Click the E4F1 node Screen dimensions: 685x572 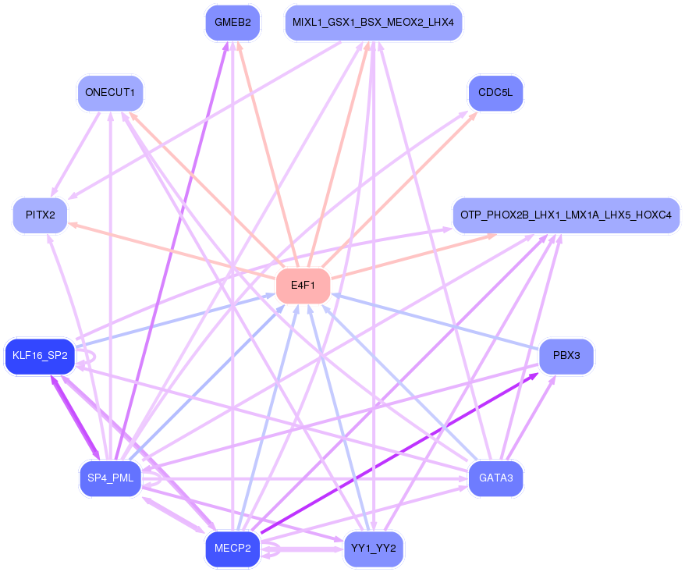coord(303,286)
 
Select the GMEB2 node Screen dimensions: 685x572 coord(232,23)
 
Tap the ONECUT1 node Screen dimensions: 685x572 coord(110,93)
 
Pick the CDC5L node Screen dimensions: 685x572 coord(495,93)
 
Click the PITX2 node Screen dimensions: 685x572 coord(41,215)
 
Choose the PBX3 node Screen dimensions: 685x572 coord(566,356)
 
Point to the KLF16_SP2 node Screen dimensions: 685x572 coord(41,356)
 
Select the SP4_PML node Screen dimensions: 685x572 coord(111,478)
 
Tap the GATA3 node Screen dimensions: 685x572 coord(495,478)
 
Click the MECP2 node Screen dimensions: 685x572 coord(232,549)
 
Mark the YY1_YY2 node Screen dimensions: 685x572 coord(374,549)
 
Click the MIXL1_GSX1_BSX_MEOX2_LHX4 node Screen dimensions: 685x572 coord(374,23)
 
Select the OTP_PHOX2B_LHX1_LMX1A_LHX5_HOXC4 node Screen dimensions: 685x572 coord(566,215)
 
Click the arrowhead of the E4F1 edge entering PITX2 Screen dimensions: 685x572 coord(73,225)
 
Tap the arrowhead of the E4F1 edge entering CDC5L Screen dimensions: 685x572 coord(473,116)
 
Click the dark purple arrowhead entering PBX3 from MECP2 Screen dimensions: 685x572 coord(534,375)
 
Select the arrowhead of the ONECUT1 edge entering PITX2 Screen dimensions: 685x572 coord(53,193)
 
